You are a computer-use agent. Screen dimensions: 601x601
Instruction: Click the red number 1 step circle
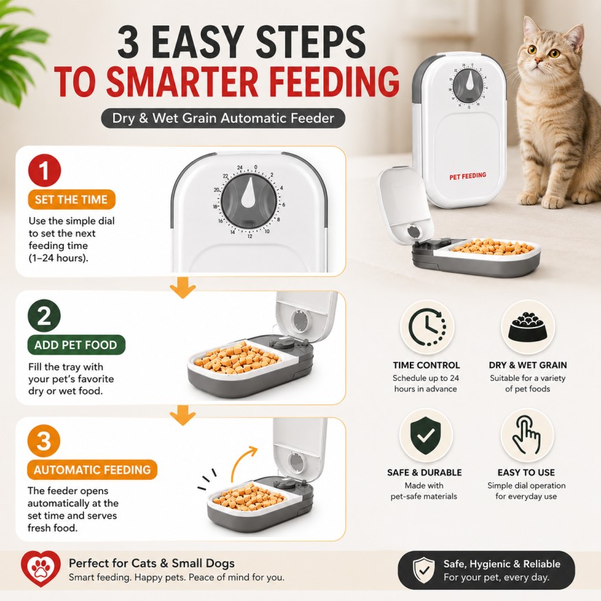pyautogui.click(x=45, y=170)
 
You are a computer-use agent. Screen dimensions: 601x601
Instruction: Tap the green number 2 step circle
pyautogui.click(x=45, y=315)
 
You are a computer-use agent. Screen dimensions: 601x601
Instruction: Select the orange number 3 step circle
pyautogui.click(x=44, y=441)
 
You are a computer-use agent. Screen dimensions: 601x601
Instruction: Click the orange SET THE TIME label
pyautogui.click(x=71, y=199)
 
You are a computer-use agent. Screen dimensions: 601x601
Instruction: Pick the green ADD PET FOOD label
pyautogui.click(x=76, y=345)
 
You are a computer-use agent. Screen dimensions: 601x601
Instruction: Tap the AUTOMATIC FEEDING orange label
pyautogui.click(x=92, y=469)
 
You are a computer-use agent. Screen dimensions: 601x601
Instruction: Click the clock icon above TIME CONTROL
pyautogui.click(x=427, y=328)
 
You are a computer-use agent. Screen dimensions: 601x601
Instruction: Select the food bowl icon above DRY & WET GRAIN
pyautogui.click(x=528, y=327)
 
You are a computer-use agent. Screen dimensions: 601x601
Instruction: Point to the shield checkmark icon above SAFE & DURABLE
pyautogui.click(x=426, y=436)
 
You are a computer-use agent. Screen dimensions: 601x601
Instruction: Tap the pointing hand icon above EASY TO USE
pyautogui.click(x=527, y=435)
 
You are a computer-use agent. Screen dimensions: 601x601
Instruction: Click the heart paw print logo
pyautogui.click(x=40, y=569)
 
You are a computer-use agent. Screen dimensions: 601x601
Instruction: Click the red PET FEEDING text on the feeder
pyautogui.click(x=467, y=176)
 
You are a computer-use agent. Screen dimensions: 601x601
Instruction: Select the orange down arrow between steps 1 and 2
pyautogui.click(x=182, y=288)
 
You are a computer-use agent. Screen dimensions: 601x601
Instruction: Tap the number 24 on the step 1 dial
pyautogui.click(x=240, y=168)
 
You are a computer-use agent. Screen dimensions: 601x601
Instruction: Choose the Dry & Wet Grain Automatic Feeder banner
pyautogui.click(x=223, y=118)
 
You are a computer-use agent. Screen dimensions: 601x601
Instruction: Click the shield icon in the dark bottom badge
pyautogui.click(x=424, y=570)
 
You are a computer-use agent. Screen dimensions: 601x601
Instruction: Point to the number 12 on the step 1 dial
pyautogui.click(x=250, y=236)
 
